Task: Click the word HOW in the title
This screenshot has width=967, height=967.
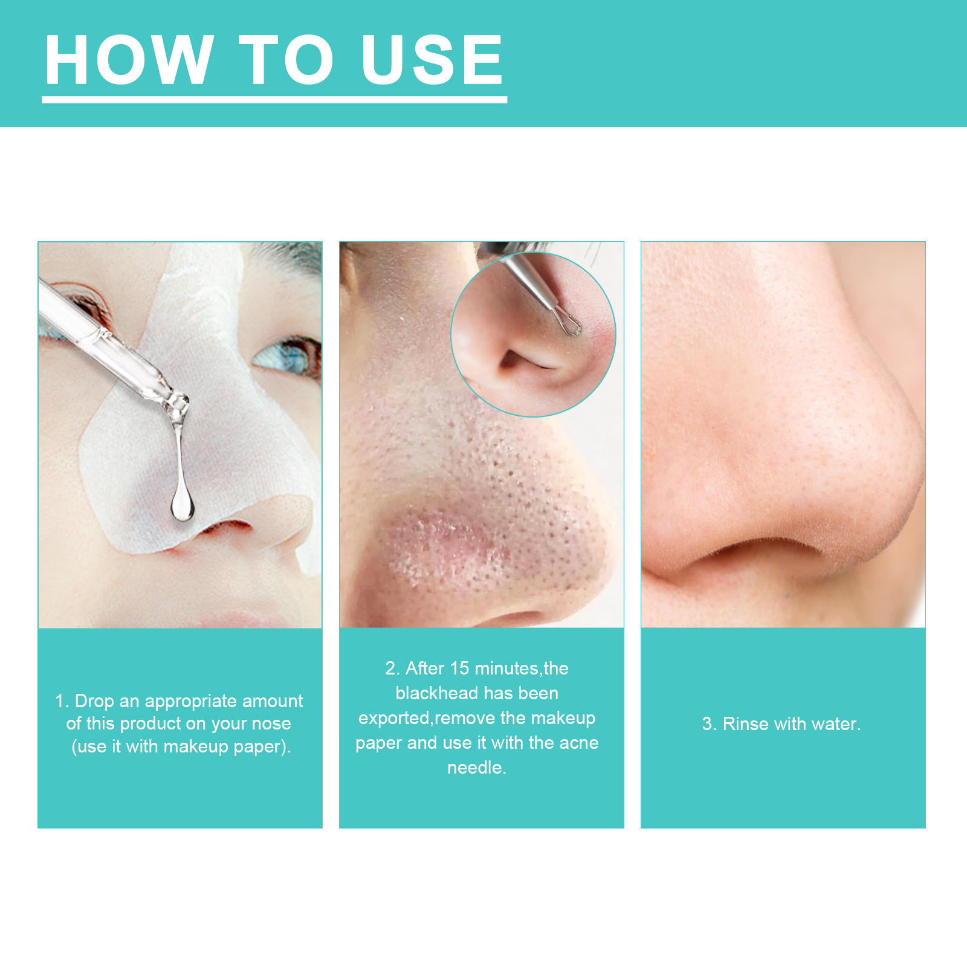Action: coord(129,59)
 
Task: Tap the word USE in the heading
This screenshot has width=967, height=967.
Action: coord(432,59)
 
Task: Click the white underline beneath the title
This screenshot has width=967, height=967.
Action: coord(274,100)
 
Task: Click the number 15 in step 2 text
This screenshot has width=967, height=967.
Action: coord(459,668)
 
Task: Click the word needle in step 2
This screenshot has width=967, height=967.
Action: coord(476,768)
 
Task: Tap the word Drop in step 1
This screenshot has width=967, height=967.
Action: coord(94,702)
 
